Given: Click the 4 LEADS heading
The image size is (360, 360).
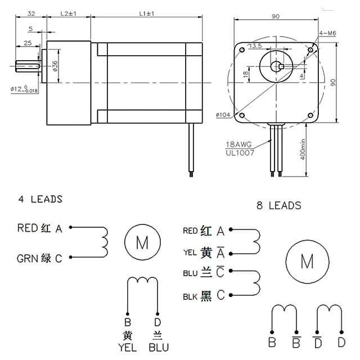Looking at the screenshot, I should coord(39,199).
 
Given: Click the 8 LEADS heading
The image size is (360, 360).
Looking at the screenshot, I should coord(278,206).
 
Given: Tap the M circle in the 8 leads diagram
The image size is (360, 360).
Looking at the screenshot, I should coord(307,261).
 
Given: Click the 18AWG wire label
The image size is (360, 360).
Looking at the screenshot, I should coord(238,144).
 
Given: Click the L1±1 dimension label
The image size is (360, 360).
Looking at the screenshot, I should coord(147,12).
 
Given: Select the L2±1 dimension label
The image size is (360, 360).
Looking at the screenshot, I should coord(67,12).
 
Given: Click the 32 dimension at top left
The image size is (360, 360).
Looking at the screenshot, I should coord(31,12).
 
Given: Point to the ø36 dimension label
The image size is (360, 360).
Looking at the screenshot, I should coord(55,66).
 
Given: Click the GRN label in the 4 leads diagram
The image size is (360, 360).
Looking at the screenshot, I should coord(27,258).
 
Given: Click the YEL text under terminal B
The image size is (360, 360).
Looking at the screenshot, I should coord(127,347).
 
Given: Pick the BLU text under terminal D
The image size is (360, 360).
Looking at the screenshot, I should coord(158,347).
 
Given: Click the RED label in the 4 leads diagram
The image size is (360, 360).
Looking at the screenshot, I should coord(28,228).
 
